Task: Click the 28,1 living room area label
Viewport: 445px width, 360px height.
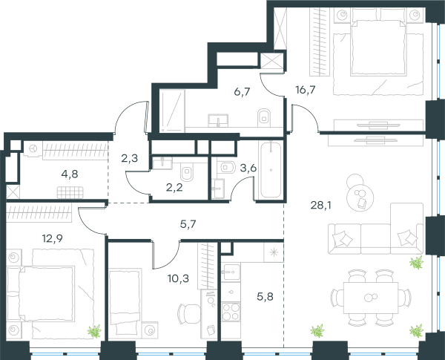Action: point(320,205)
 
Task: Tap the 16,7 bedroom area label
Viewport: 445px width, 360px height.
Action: point(306,90)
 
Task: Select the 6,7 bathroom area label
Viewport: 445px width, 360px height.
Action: point(242,92)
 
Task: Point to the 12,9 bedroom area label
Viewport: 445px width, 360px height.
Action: point(52,239)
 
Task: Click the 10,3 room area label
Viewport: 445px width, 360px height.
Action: point(178,279)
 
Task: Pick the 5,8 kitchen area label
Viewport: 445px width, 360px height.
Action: point(265,297)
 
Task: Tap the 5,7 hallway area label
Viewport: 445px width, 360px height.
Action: point(188,224)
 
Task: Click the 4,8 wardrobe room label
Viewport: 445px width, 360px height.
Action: point(70,174)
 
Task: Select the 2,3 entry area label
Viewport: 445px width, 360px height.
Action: point(129,158)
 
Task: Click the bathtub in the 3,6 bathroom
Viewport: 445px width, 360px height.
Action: point(271,170)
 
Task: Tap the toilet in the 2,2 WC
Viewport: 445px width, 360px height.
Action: point(187,172)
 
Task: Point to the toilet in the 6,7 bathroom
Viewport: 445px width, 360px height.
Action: point(264,117)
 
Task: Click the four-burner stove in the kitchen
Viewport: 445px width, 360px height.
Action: point(231,312)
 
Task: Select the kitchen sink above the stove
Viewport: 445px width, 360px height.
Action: point(231,272)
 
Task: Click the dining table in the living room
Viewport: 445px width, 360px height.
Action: point(371,298)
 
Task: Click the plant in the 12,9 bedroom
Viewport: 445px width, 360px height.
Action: point(94,331)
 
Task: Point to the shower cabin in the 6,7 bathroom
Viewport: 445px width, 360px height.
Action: point(172,111)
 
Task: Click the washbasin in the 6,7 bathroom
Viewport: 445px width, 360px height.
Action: point(218,120)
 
